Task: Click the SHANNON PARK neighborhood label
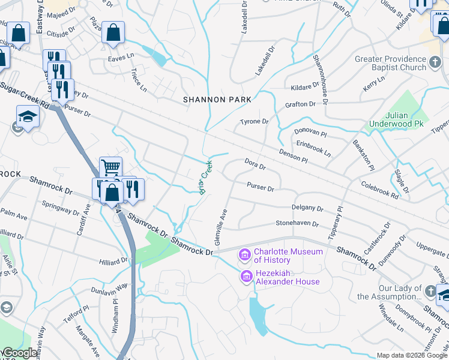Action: tap(212, 100)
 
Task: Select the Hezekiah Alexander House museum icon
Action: tap(244, 277)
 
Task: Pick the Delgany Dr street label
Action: tap(307, 208)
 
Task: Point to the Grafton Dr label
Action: tap(300, 104)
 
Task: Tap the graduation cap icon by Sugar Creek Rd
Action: tap(28, 116)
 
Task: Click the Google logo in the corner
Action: tap(19, 353)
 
